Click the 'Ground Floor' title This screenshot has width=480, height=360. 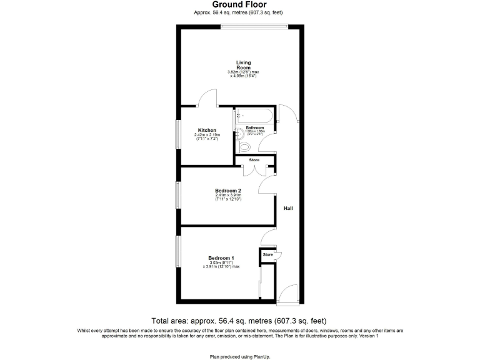pyautogui.click(x=239, y=4)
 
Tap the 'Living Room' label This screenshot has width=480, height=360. pyautogui.click(x=243, y=64)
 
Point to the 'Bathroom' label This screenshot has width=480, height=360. pyautogui.click(x=255, y=128)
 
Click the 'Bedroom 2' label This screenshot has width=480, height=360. pyautogui.click(x=227, y=191)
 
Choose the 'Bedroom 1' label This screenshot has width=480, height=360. pyautogui.click(x=221, y=258)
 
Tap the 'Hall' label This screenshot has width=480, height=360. pyautogui.click(x=288, y=209)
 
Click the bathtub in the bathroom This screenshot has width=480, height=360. pyautogui.click(x=254, y=116)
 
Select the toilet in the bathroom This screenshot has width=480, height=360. pyautogui.click(x=244, y=147)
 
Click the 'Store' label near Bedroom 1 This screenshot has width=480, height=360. pyautogui.click(x=268, y=255)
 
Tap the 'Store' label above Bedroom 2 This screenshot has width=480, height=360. pyautogui.click(x=254, y=161)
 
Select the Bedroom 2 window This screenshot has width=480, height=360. pyautogui.click(x=178, y=194)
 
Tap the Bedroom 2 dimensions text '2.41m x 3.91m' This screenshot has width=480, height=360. pyautogui.click(x=228, y=196)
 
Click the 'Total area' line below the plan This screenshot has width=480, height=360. pyautogui.click(x=239, y=320)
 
